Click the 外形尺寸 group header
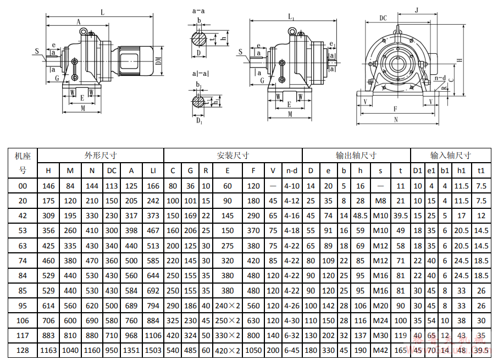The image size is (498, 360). click(x=101, y=156)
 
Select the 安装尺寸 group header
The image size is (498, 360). click(x=233, y=156)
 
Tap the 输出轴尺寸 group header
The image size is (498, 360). click(x=356, y=156)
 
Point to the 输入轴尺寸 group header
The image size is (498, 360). click(x=450, y=156)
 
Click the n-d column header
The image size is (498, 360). click(x=291, y=170)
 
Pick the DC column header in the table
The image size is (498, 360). click(x=112, y=170)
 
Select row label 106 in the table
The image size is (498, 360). click(x=23, y=320)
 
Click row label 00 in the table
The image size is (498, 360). click(x=23, y=186)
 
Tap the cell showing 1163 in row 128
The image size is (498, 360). click(x=48, y=350)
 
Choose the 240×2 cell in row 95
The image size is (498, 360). click(x=228, y=306)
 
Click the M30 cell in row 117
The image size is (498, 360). click(x=380, y=335)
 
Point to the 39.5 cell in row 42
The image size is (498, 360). click(x=401, y=216)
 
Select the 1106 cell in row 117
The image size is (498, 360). click(x=153, y=335)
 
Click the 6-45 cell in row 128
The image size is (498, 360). click(x=291, y=350)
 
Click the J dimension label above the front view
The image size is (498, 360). click(x=417, y=9)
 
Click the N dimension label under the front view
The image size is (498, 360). click(x=397, y=119)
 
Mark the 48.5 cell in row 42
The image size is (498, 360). click(x=361, y=216)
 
